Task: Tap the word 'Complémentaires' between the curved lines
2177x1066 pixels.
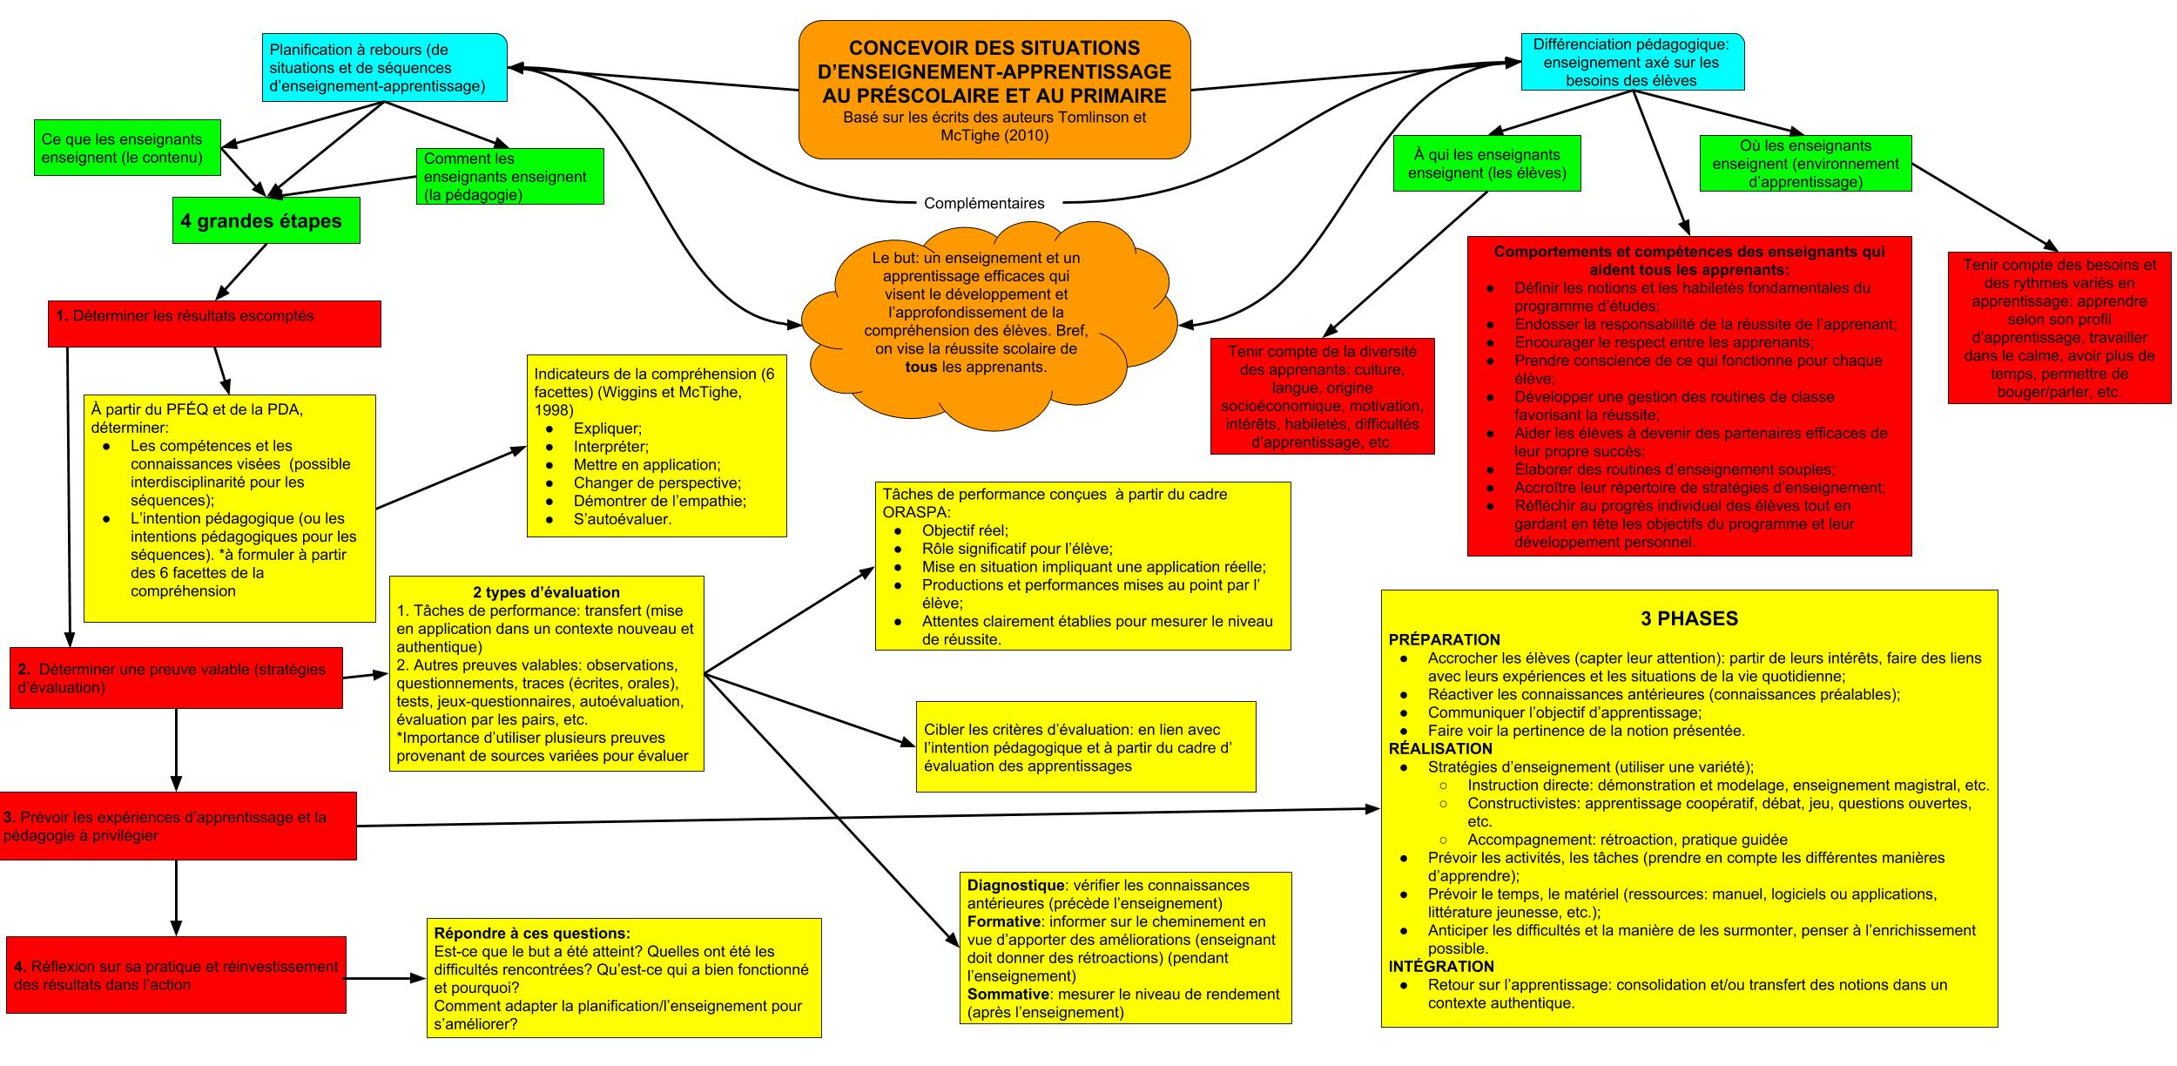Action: coord(983,203)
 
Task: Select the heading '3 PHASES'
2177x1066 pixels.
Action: coord(1688,618)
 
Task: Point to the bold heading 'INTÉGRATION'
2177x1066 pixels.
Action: coord(1441,966)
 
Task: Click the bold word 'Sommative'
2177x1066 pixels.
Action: coord(1008,994)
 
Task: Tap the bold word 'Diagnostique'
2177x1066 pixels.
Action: coord(1015,885)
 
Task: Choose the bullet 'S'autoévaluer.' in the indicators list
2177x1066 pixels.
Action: coord(622,520)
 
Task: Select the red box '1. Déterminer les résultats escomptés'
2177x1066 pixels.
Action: coord(214,323)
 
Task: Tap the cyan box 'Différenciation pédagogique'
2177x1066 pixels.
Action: coord(1632,62)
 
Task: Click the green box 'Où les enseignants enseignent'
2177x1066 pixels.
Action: coord(1805,164)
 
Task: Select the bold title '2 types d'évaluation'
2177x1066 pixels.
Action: coord(546,592)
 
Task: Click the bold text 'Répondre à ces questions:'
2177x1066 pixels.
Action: coord(531,933)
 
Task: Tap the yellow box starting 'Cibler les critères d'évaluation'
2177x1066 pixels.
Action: coord(1085,747)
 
